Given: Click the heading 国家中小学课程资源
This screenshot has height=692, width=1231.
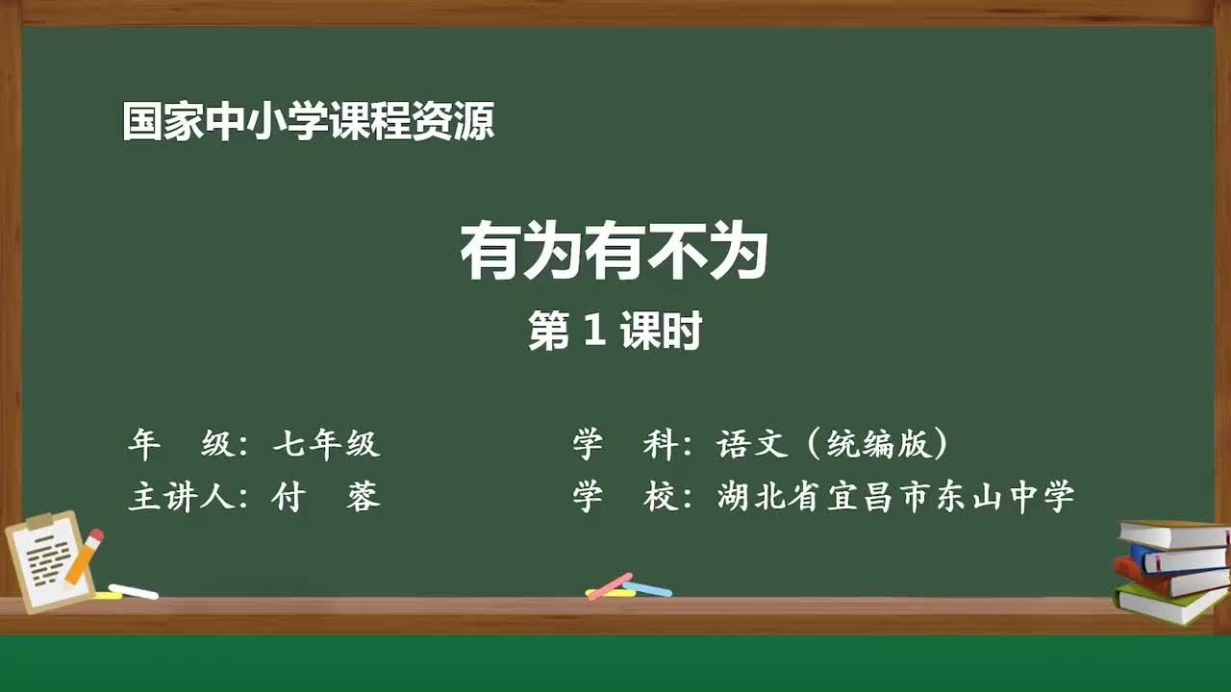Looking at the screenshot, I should [x=308, y=123].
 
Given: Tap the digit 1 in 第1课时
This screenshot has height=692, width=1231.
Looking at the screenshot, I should [x=593, y=333].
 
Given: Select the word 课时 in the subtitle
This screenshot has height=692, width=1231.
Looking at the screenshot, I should [x=661, y=333].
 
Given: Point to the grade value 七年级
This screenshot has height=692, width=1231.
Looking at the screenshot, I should [x=326, y=444].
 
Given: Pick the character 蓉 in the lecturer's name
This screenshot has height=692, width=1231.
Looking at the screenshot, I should [x=364, y=497].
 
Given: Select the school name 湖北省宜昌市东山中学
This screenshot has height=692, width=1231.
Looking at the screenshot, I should [x=895, y=497].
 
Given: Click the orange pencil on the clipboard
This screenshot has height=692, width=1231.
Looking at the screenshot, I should [x=84, y=556].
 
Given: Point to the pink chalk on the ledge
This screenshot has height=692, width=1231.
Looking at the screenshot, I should [x=610, y=585].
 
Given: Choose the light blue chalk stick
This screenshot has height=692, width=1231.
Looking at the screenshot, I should [x=648, y=588].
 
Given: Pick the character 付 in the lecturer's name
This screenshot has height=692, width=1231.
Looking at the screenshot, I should [x=288, y=497].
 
